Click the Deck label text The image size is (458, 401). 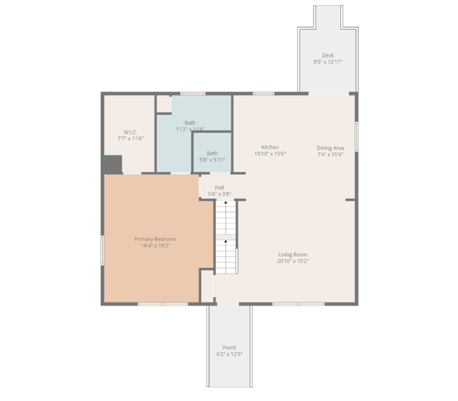tap(328, 55)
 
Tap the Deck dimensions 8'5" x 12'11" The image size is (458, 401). tap(328, 62)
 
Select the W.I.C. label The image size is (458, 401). tap(130, 132)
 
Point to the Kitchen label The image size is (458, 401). tap(270, 147)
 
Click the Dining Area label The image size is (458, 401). tap(330, 148)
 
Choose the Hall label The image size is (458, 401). tap(219, 188)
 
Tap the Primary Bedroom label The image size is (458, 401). tap(155, 239)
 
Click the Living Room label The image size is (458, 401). tap(293, 255)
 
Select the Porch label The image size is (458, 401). tap(229, 347)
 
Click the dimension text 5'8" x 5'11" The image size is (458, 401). tap(212, 160)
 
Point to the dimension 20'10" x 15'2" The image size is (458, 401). tap(293, 261)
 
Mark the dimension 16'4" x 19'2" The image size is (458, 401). tap(155, 246)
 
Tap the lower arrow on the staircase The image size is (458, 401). tap(226, 241)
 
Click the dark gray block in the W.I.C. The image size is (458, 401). tap(112, 164)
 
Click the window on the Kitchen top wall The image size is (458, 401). tap(263, 94)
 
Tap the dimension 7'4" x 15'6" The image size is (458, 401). tap(330, 154)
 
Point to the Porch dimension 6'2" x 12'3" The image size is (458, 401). tap(229, 354)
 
